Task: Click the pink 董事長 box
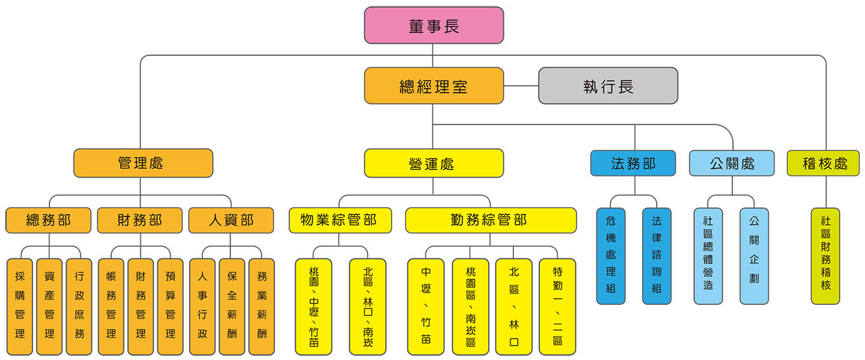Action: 433,25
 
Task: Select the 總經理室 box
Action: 433,86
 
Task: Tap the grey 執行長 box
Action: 608,86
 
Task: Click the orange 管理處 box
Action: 143,163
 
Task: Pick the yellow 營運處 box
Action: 433,163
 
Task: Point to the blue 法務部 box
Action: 633,163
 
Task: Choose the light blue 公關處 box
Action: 732,163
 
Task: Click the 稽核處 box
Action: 823,163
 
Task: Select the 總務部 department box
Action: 48,220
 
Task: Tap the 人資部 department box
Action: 231,220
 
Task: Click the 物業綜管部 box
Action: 339,220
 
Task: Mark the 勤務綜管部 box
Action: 491,220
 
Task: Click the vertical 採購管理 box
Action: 20,306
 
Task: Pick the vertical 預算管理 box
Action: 170,306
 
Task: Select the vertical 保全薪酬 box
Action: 232,306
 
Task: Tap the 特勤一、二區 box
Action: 557,306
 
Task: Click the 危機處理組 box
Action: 611,256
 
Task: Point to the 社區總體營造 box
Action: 708,256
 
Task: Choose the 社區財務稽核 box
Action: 825,256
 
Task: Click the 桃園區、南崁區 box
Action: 470,306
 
